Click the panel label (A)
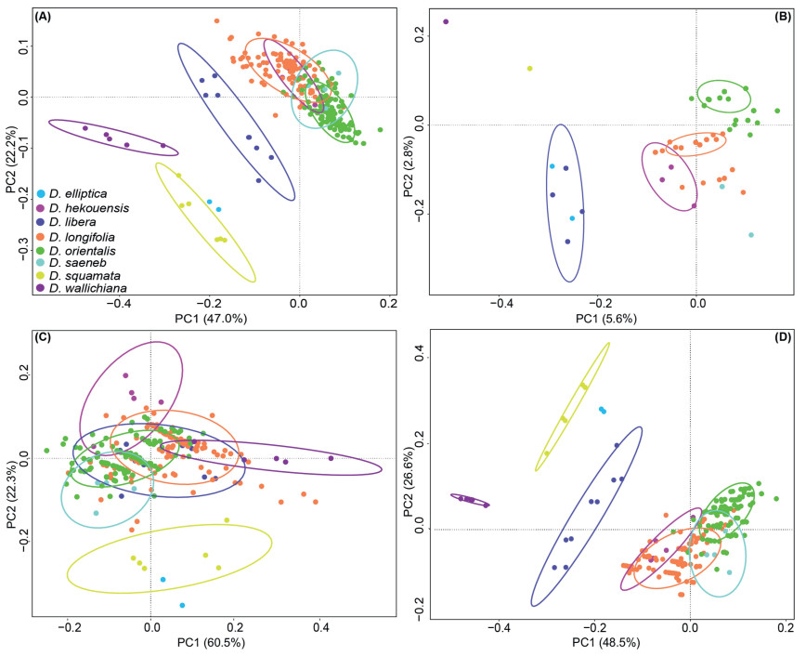[41, 18]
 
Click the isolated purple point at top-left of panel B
[446, 21]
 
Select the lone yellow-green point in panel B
[529, 68]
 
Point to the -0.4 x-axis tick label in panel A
[117, 302]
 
